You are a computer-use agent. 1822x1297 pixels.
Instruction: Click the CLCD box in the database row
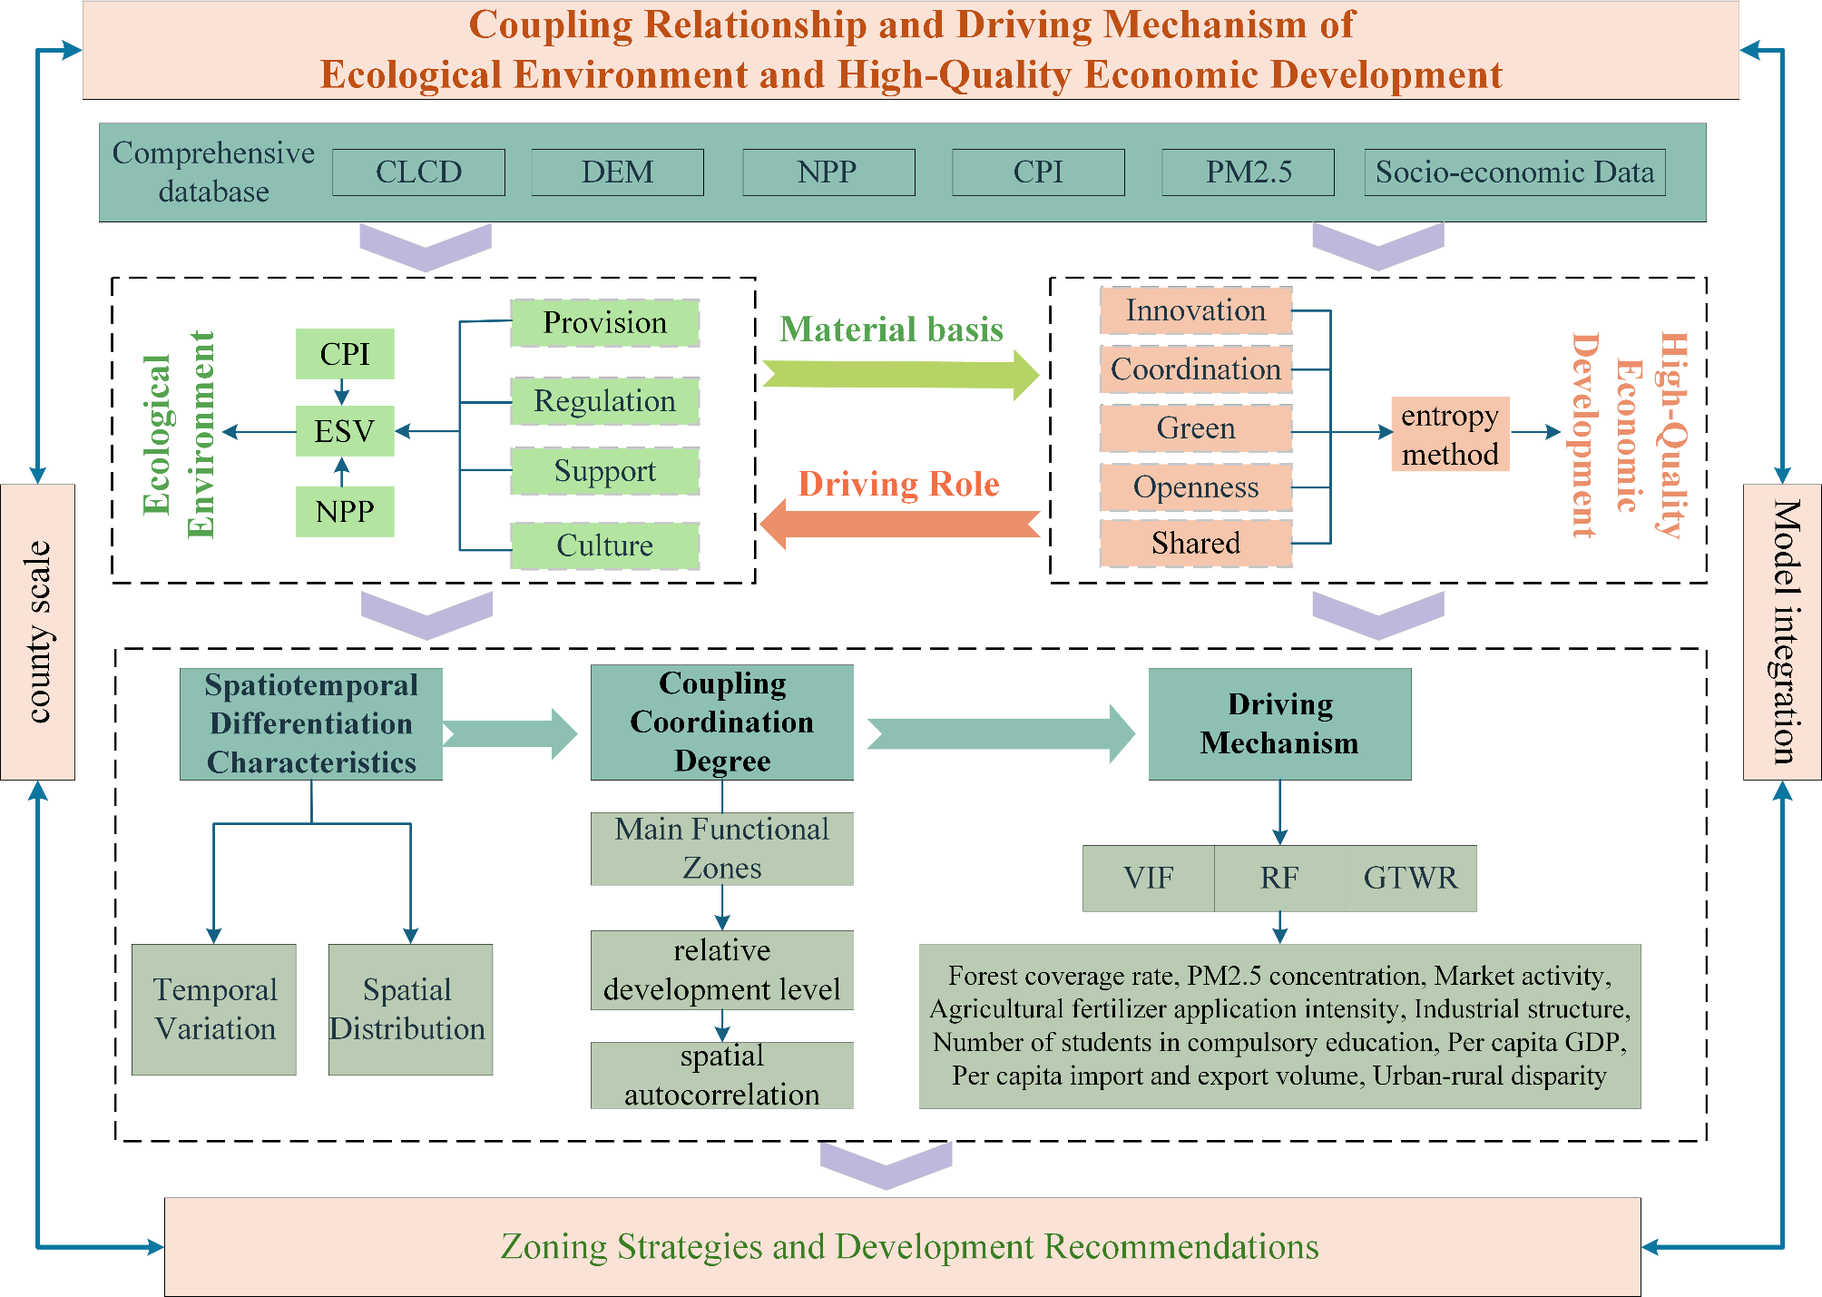click(418, 172)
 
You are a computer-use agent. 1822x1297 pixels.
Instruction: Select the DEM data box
click(617, 172)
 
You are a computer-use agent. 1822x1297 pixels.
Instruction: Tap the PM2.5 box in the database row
click(1248, 172)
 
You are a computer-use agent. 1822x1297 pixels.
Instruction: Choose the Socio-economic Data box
click(1514, 172)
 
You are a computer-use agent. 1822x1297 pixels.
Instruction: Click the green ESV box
click(345, 431)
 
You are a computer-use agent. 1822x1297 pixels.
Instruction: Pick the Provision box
click(604, 323)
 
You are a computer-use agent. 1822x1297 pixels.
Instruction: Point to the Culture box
click(604, 545)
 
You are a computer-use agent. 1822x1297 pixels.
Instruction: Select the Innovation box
click(1195, 311)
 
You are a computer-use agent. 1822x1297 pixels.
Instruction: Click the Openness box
click(1195, 487)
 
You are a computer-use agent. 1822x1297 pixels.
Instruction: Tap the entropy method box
click(1450, 434)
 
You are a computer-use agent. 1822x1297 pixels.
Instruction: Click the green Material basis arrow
click(898, 373)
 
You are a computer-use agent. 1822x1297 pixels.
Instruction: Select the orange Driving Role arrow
click(898, 525)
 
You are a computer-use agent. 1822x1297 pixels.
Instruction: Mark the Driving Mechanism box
click(1279, 724)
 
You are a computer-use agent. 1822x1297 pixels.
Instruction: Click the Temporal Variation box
click(214, 1009)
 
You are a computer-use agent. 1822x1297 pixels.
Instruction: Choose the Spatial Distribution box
click(410, 1009)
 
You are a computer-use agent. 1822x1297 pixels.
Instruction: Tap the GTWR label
click(1410, 879)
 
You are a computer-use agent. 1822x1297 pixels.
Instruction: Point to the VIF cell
click(1148, 879)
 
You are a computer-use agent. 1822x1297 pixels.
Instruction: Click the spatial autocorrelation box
click(721, 1076)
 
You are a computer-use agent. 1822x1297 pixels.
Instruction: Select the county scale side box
click(38, 632)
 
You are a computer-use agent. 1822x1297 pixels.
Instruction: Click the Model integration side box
click(1782, 632)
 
